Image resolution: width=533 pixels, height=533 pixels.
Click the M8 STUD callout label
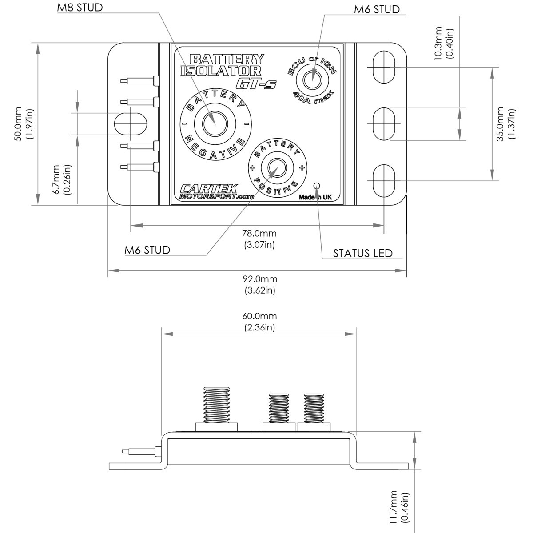(x=80, y=8)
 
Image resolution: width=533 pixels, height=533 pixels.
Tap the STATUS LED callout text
(x=362, y=253)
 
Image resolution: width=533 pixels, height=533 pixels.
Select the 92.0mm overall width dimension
(x=260, y=285)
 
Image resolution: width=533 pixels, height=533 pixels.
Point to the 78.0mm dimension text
(x=259, y=239)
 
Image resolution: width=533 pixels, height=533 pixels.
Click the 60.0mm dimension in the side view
(x=259, y=322)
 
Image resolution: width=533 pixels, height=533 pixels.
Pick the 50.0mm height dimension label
(x=24, y=123)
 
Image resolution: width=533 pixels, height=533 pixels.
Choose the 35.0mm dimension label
(x=506, y=123)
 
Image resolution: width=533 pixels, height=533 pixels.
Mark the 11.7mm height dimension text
(x=398, y=507)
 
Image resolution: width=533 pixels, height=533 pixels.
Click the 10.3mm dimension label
(x=444, y=43)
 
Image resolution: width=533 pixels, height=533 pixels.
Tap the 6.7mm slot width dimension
(x=62, y=179)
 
